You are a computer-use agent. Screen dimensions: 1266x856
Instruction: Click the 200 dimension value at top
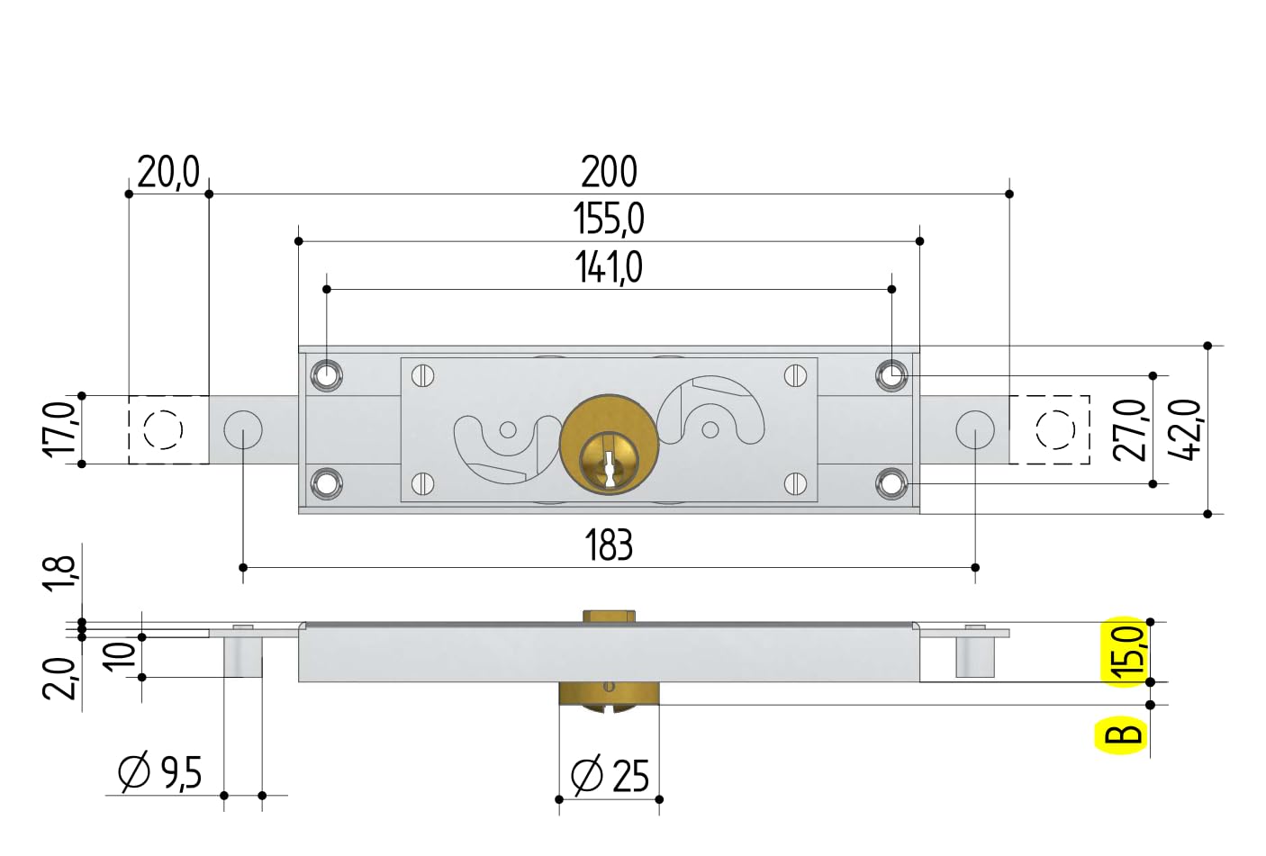[609, 172]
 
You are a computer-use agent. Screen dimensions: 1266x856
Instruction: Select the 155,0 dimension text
[609, 220]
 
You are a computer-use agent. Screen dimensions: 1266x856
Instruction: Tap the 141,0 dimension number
[609, 268]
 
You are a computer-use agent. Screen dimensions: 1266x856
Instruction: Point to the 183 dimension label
[609, 545]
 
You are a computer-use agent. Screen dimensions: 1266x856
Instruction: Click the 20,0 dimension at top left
[168, 172]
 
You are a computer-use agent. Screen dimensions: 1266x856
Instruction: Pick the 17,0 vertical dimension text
[59, 429]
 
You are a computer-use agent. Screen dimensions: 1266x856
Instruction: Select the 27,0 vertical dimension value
[1129, 429]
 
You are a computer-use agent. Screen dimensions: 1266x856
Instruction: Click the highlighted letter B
[1124, 735]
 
